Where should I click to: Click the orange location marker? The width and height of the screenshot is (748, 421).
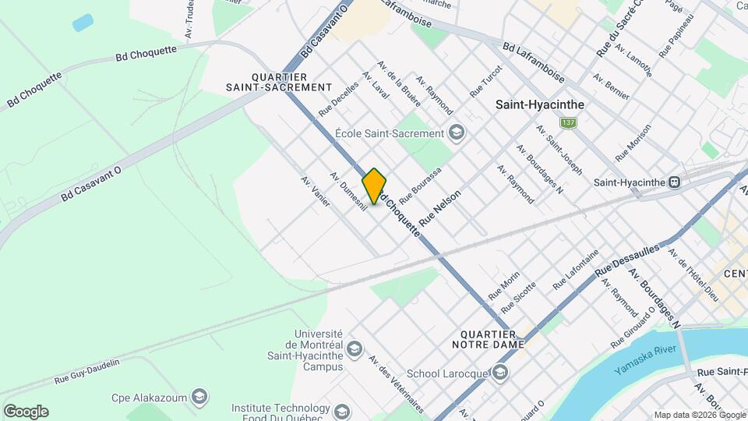click(375, 186)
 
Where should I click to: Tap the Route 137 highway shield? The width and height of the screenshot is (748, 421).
click(569, 123)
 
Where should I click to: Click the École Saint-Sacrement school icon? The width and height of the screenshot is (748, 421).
click(456, 133)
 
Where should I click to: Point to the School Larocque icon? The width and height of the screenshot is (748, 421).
click(499, 373)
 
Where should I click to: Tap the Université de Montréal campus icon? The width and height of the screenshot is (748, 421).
click(355, 347)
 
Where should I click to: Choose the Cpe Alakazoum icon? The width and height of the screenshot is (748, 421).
click(199, 398)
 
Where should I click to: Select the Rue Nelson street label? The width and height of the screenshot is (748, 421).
click(440, 208)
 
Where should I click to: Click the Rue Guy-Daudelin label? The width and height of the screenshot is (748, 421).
click(87, 372)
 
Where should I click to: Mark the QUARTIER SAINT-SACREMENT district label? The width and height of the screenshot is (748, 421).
click(279, 82)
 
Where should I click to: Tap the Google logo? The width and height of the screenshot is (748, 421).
click(26, 411)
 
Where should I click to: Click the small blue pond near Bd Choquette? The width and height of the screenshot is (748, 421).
click(83, 23)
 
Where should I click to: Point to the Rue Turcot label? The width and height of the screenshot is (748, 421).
click(486, 81)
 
